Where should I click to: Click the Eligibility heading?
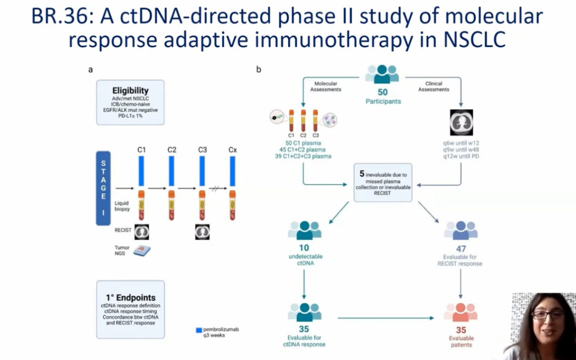click(130, 91)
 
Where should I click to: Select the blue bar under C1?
click(142, 172)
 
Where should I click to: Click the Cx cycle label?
click(233, 150)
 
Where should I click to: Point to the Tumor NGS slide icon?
click(141, 251)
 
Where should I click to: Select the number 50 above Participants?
click(382, 92)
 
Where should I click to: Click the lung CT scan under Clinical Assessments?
click(461, 123)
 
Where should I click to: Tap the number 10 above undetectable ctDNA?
click(304, 248)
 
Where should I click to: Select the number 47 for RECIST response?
click(461, 248)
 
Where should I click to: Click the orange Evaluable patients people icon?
click(461, 313)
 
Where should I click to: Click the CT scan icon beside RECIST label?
click(142, 231)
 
